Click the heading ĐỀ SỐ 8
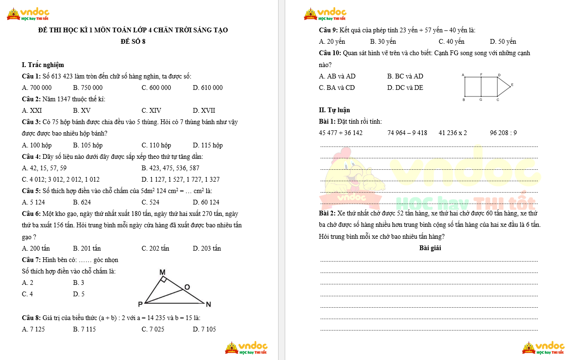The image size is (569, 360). pyautogui.click(x=133, y=41)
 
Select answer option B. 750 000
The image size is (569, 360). pyautogui.click(x=88, y=88)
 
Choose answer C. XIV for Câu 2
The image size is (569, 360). pyautogui.click(x=152, y=110)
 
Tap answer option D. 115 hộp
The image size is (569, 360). pyautogui.click(x=208, y=145)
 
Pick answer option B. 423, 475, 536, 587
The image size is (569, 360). pyautogui.click(x=171, y=168)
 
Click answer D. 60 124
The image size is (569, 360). pyautogui.click(x=206, y=202)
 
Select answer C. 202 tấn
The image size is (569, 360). pyautogui.click(x=155, y=248)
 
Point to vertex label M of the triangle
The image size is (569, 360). pyautogui.click(x=162, y=272)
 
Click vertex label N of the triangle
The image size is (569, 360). pyautogui.click(x=208, y=304)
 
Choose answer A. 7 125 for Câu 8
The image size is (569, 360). pyautogui.click(x=33, y=329)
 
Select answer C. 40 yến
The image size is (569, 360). pyautogui.click(x=452, y=41)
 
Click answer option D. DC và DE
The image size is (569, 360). pyautogui.click(x=405, y=88)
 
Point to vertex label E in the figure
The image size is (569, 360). pyautogui.click(x=512, y=85)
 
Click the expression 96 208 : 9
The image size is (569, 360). pyautogui.click(x=503, y=133)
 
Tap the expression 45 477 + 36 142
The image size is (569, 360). pyautogui.click(x=341, y=133)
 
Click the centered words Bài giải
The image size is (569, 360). pyautogui.click(x=430, y=248)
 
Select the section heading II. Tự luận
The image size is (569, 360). pyautogui.click(x=335, y=110)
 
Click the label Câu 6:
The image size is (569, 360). pyautogui.click(x=31, y=214)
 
